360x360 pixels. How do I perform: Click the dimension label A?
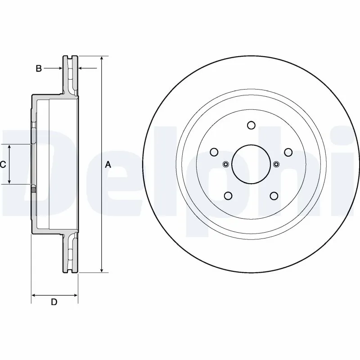coord(108,165)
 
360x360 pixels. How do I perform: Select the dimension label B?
coord(39,68)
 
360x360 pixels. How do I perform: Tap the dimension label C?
coord(3,165)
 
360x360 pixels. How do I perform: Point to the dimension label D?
coord(54,302)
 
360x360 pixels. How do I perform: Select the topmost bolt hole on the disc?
coord(251,126)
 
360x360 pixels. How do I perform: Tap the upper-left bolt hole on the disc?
coord(215,152)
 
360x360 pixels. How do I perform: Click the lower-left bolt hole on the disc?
coord(228,195)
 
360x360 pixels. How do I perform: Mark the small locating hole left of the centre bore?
coord(226,164)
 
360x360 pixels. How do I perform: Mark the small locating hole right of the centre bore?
coord(276,164)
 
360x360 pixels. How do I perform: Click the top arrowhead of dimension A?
coord(102,59)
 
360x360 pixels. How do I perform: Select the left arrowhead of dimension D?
coord(34,296)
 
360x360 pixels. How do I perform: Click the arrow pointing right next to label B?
coord(58,68)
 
